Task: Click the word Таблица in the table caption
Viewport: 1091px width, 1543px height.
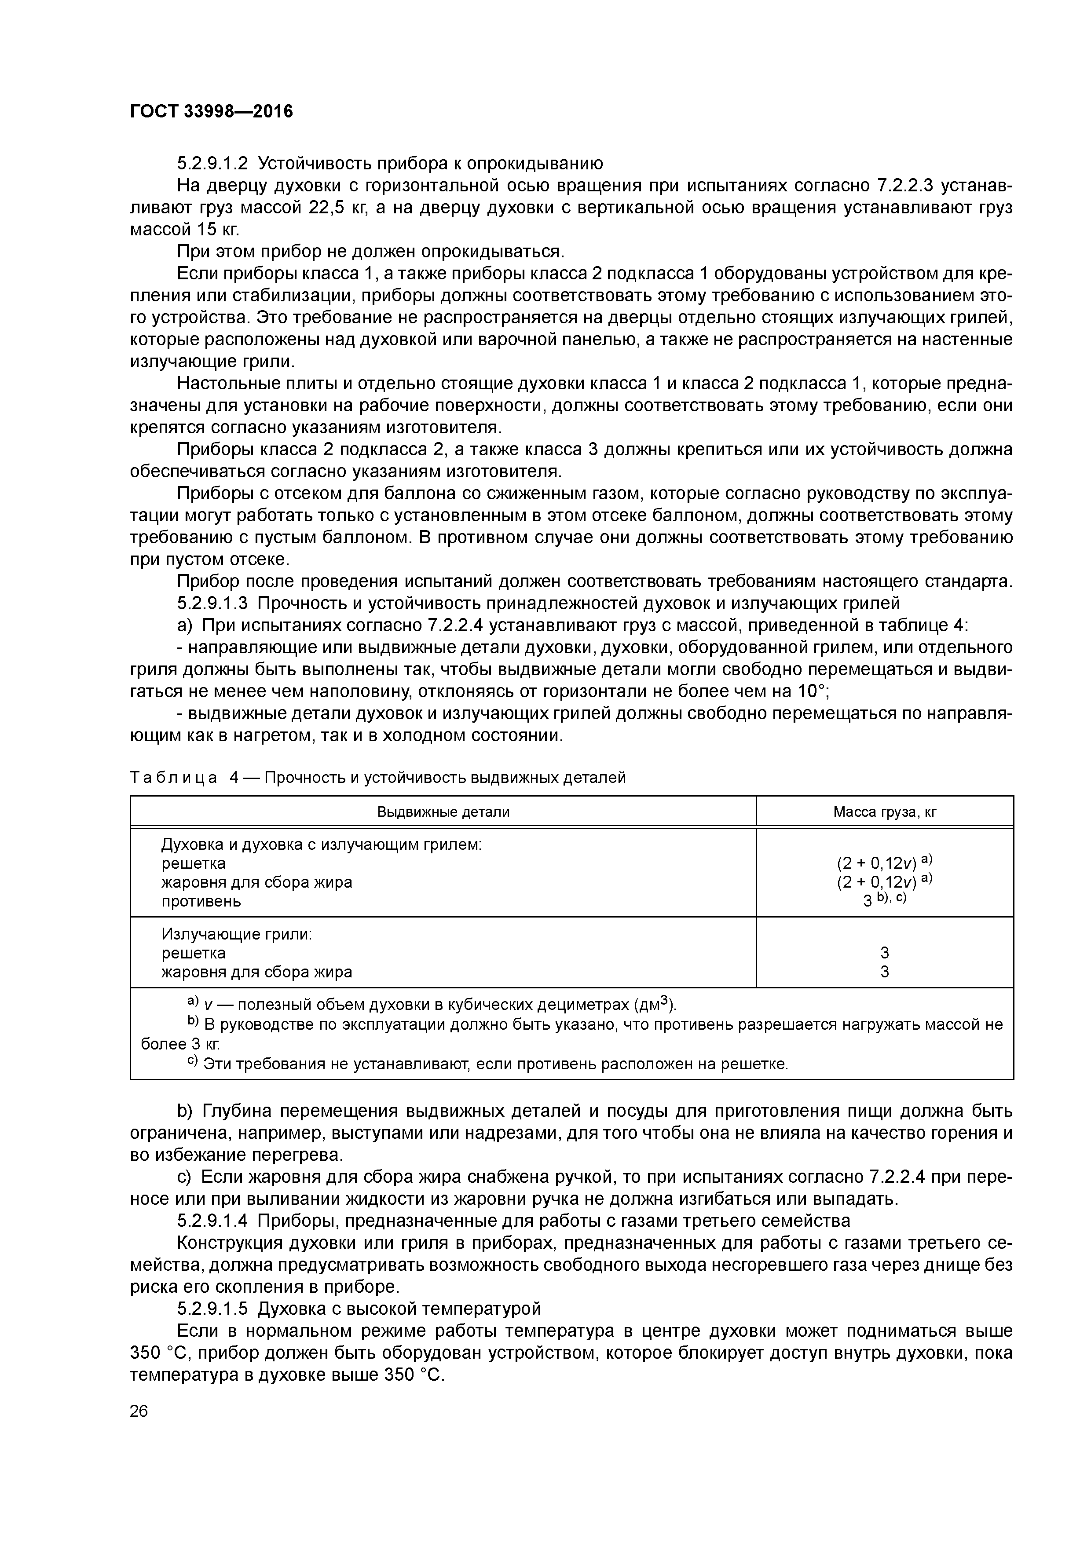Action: [173, 778]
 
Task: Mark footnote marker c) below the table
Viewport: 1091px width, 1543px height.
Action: [193, 1062]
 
